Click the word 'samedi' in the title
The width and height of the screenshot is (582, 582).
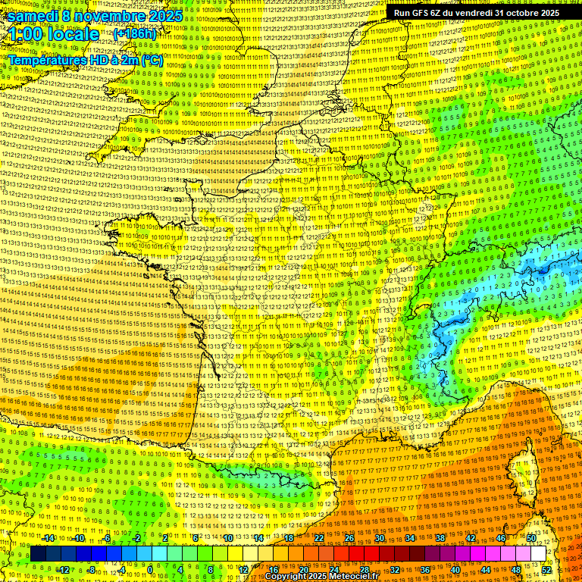35,15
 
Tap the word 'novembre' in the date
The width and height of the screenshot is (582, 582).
104,15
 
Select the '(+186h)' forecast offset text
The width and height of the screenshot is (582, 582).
135,34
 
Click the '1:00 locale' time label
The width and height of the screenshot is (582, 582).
55,34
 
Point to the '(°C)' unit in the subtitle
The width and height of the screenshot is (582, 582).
150,59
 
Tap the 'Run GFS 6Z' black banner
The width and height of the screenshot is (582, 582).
474,13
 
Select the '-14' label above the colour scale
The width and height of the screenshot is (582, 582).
49,538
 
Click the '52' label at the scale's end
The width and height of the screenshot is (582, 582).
547,570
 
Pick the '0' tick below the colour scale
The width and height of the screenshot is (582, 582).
150,570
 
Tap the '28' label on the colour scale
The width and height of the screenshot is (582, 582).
365,570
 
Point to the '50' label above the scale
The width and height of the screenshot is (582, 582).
530,538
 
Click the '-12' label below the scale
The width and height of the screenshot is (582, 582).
64,570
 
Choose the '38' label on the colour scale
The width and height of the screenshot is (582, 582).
440,538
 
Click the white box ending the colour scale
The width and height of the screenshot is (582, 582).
538,554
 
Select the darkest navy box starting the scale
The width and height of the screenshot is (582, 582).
38,554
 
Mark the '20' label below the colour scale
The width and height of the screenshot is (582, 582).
303,570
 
